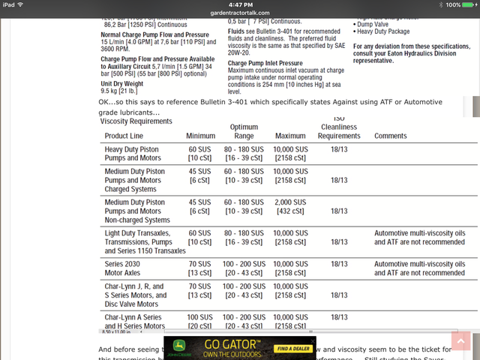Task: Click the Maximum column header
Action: point(289,136)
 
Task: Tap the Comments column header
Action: point(391,136)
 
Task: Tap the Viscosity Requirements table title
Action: point(136,121)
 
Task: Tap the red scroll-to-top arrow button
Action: point(462,343)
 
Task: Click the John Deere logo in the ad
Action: point(180,349)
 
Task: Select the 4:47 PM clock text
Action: point(239,4)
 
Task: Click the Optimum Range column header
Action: point(244,131)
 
